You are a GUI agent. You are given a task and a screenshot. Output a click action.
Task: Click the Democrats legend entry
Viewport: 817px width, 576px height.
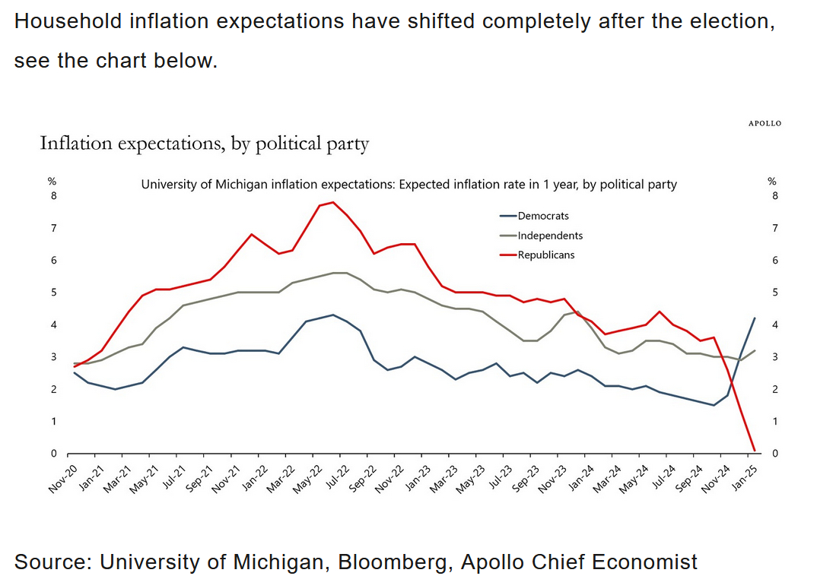pyautogui.click(x=542, y=216)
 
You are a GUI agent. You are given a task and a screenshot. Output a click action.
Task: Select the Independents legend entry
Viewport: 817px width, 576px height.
pyautogui.click(x=549, y=236)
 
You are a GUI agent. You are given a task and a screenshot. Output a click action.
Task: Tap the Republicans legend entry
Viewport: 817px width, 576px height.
pyautogui.click(x=545, y=255)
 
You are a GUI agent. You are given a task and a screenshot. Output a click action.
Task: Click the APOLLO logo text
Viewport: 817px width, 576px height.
pyautogui.click(x=765, y=123)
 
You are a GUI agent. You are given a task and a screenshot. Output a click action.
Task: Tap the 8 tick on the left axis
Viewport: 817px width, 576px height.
pyautogui.click(x=53, y=196)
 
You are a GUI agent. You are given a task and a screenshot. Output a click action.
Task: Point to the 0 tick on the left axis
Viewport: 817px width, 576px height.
pyautogui.click(x=53, y=454)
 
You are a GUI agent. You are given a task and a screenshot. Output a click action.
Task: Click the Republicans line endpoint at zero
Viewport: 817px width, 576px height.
pyautogui.click(x=754, y=451)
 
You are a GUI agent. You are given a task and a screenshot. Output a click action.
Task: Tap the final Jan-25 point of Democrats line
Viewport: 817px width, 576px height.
pyautogui.click(x=754, y=318)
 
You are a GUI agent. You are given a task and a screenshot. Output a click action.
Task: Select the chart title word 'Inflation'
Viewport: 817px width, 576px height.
pyautogui.click(x=75, y=143)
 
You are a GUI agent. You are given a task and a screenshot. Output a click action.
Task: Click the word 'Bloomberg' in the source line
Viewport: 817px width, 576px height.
pyautogui.click(x=395, y=562)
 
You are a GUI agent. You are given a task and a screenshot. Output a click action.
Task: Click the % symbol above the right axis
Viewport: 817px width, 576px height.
pyautogui.click(x=771, y=181)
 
